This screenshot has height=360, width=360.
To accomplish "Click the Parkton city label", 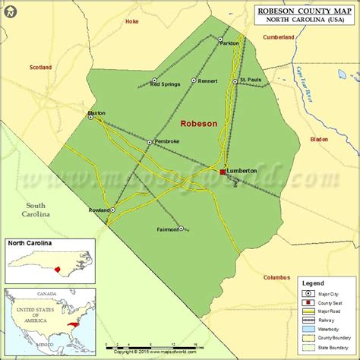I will [x=229, y=43].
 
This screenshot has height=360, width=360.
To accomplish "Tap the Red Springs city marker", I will [x=154, y=80].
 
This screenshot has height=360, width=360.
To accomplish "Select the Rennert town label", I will [x=208, y=81].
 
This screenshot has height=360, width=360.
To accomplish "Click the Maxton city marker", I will [x=90, y=117].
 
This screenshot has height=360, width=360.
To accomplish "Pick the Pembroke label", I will [x=167, y=141].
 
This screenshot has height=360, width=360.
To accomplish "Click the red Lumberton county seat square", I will [x=223, y=172].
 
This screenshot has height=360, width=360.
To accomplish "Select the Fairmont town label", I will [x=167, y=229].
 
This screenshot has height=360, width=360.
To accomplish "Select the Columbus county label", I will [x=276, y=277].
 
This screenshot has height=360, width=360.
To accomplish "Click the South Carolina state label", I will [x=36, y=210].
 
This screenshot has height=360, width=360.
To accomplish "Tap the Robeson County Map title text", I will [x=305, y=11].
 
